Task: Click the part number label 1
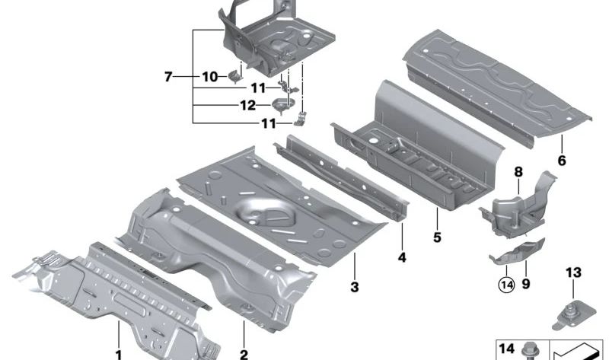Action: (x=119, y=355)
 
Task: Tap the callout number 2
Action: (x=244, y=355)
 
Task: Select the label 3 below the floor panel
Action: (x=355, y=288)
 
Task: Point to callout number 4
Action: (x=402, y=257)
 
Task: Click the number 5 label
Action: (x=437, y=237)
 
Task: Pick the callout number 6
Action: (x=562, y=161)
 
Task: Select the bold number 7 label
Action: (x=167, y=77)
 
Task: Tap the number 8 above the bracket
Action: (x=518, y=172)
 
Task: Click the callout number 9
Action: (x=526, y=284)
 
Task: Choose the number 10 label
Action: (x=210, y=77)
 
